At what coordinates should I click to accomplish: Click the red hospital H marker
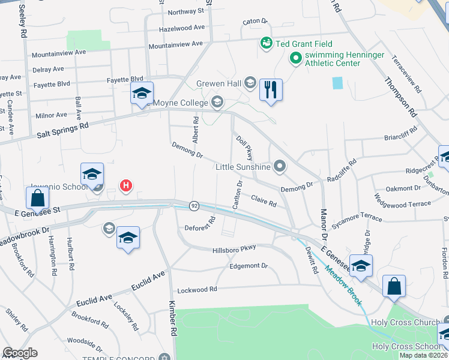(x=125, y=186)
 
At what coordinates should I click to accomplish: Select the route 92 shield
(x=194, y=205)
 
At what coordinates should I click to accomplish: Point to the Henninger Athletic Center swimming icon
(x=295, y=58)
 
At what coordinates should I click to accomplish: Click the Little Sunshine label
(x=244, y=167)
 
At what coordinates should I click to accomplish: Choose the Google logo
(x=20, y=353)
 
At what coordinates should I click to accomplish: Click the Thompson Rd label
(x=400, y=97)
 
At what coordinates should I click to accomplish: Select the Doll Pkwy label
(x=244, y=147)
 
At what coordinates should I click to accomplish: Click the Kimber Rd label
(x=173, y=318)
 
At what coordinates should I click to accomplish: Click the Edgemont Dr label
(x=248, y=265)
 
